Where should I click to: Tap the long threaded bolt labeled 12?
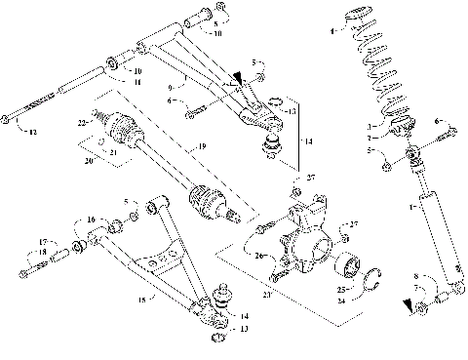(29, 111)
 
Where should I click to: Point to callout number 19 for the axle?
(203, 145)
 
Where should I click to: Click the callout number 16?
(91, 220)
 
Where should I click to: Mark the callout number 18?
(15, 253)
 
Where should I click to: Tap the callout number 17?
(15, 242)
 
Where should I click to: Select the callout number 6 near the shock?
(438, 120)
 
